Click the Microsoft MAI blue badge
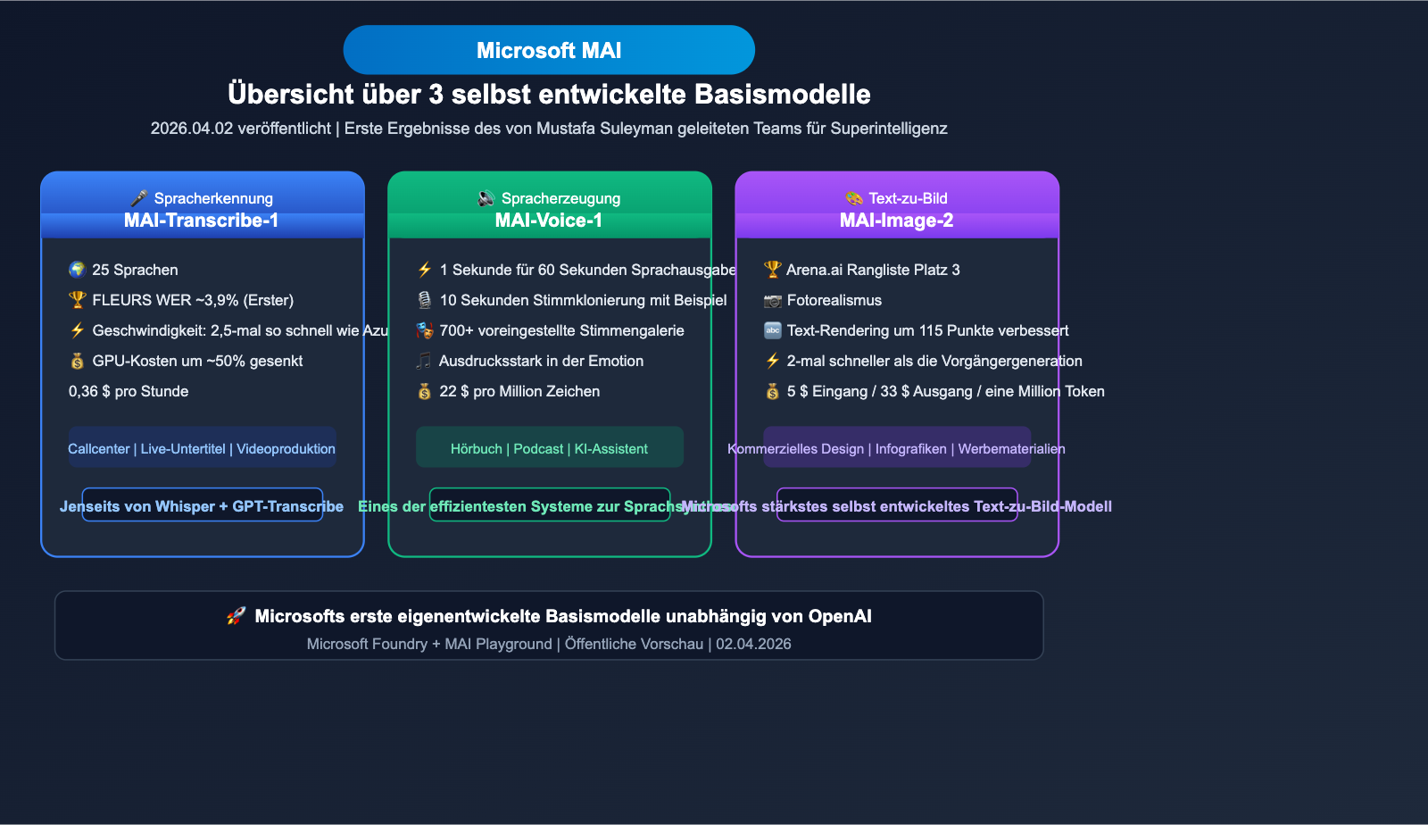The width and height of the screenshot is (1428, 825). click(549, 50)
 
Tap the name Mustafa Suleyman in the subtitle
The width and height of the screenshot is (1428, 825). click(604, 129)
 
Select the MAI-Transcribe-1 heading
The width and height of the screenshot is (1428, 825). click(201, 221)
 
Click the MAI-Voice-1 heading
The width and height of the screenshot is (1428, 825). click(548, 221)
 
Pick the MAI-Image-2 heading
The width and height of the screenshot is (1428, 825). click(896, 221)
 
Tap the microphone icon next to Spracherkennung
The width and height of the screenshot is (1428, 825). click(138, 198)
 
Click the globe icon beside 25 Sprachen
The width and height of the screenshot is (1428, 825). click(78, 270)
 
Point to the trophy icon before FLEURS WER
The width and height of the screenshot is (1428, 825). click(78, 300)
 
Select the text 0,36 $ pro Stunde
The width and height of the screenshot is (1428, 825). click(129, 391)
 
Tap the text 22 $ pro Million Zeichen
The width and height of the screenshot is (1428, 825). click(519, 391)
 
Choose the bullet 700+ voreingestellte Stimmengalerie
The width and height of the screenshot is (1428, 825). click(561, 330)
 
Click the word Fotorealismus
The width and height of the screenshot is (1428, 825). click(834, 300)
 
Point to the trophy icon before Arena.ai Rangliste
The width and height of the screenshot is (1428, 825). click(772, 270)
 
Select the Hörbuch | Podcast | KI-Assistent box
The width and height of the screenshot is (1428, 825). click(549, 448)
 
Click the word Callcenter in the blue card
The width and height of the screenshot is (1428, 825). click(99, 449)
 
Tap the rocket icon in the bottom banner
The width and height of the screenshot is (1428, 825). click(236, 616)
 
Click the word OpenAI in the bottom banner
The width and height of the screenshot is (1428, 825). click(839, 616)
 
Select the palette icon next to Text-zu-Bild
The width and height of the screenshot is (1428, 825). click(854, 198)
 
